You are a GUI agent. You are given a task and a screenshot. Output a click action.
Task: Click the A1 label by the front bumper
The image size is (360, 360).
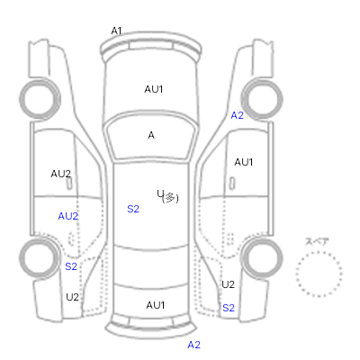tap(116, 31)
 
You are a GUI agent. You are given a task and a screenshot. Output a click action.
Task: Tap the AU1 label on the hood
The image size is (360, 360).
tap(154, 89)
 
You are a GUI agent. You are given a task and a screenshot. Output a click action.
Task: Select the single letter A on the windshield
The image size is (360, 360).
tap(151, 135)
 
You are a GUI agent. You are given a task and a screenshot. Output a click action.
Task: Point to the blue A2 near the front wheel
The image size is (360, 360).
tap(237, 115)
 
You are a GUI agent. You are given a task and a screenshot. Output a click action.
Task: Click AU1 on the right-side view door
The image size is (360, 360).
tap(244, 162)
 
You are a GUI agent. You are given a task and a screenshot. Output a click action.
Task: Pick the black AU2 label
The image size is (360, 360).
tap(61, 174)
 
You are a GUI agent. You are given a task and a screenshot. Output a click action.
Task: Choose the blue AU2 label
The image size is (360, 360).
tap(68, 216)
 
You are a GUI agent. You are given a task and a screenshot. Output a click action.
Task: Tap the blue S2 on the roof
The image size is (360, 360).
tap(133, 209)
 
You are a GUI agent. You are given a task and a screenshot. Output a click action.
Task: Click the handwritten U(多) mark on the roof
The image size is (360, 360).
tap(168, 197)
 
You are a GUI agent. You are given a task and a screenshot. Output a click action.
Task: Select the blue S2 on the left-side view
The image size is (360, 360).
tap(71, 266)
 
